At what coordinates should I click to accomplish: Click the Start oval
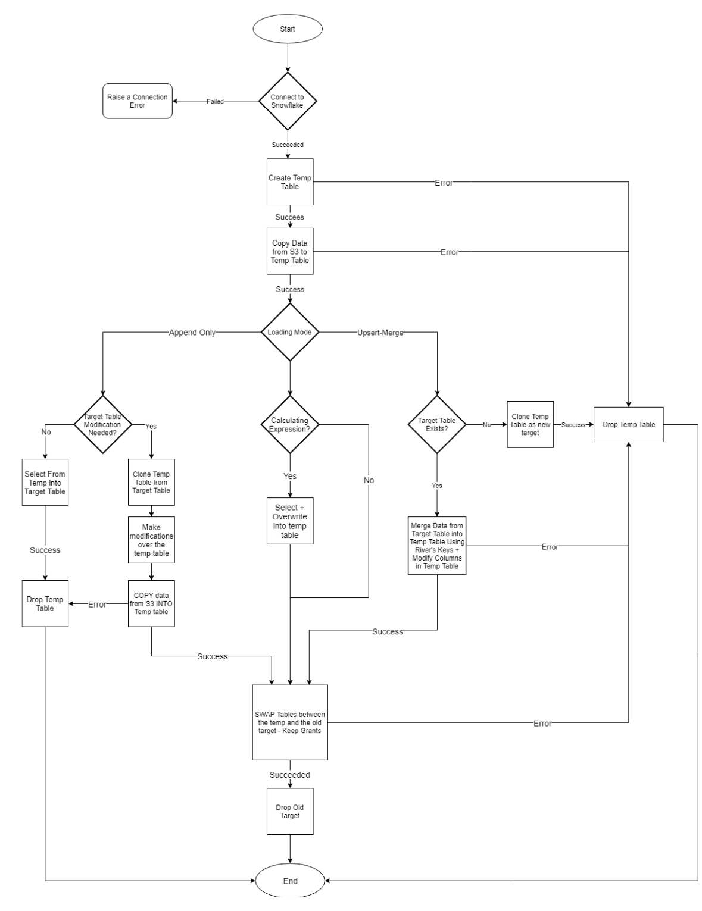point(288,29)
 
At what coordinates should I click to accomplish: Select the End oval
point(290,881)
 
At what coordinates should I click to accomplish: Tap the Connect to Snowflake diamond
point(288,101)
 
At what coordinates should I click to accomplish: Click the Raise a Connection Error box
point(138,101)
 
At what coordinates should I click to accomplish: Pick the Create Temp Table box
point(290,182)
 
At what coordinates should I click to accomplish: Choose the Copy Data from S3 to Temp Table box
point(290,252)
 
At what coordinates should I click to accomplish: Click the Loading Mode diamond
point(290,332)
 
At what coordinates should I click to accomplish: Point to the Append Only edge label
point(192,333)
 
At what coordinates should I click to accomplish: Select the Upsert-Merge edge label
point(380,333)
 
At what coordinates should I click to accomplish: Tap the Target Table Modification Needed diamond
point(102,424)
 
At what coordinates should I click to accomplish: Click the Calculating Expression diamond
point(290,424)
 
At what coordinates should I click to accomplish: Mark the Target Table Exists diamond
point(436,424)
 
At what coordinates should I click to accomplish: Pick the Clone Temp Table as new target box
point(530,424)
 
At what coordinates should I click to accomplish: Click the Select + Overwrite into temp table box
point(290,521)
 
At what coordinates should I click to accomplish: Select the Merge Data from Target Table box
point(437,546)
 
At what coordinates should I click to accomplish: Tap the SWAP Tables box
point(290,722)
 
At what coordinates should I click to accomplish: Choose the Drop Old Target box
point(290,812)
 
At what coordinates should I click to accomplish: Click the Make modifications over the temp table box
point(151,540)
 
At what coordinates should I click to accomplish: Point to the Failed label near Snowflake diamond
point(215,102)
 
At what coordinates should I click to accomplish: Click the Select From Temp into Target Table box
point(45,483)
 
